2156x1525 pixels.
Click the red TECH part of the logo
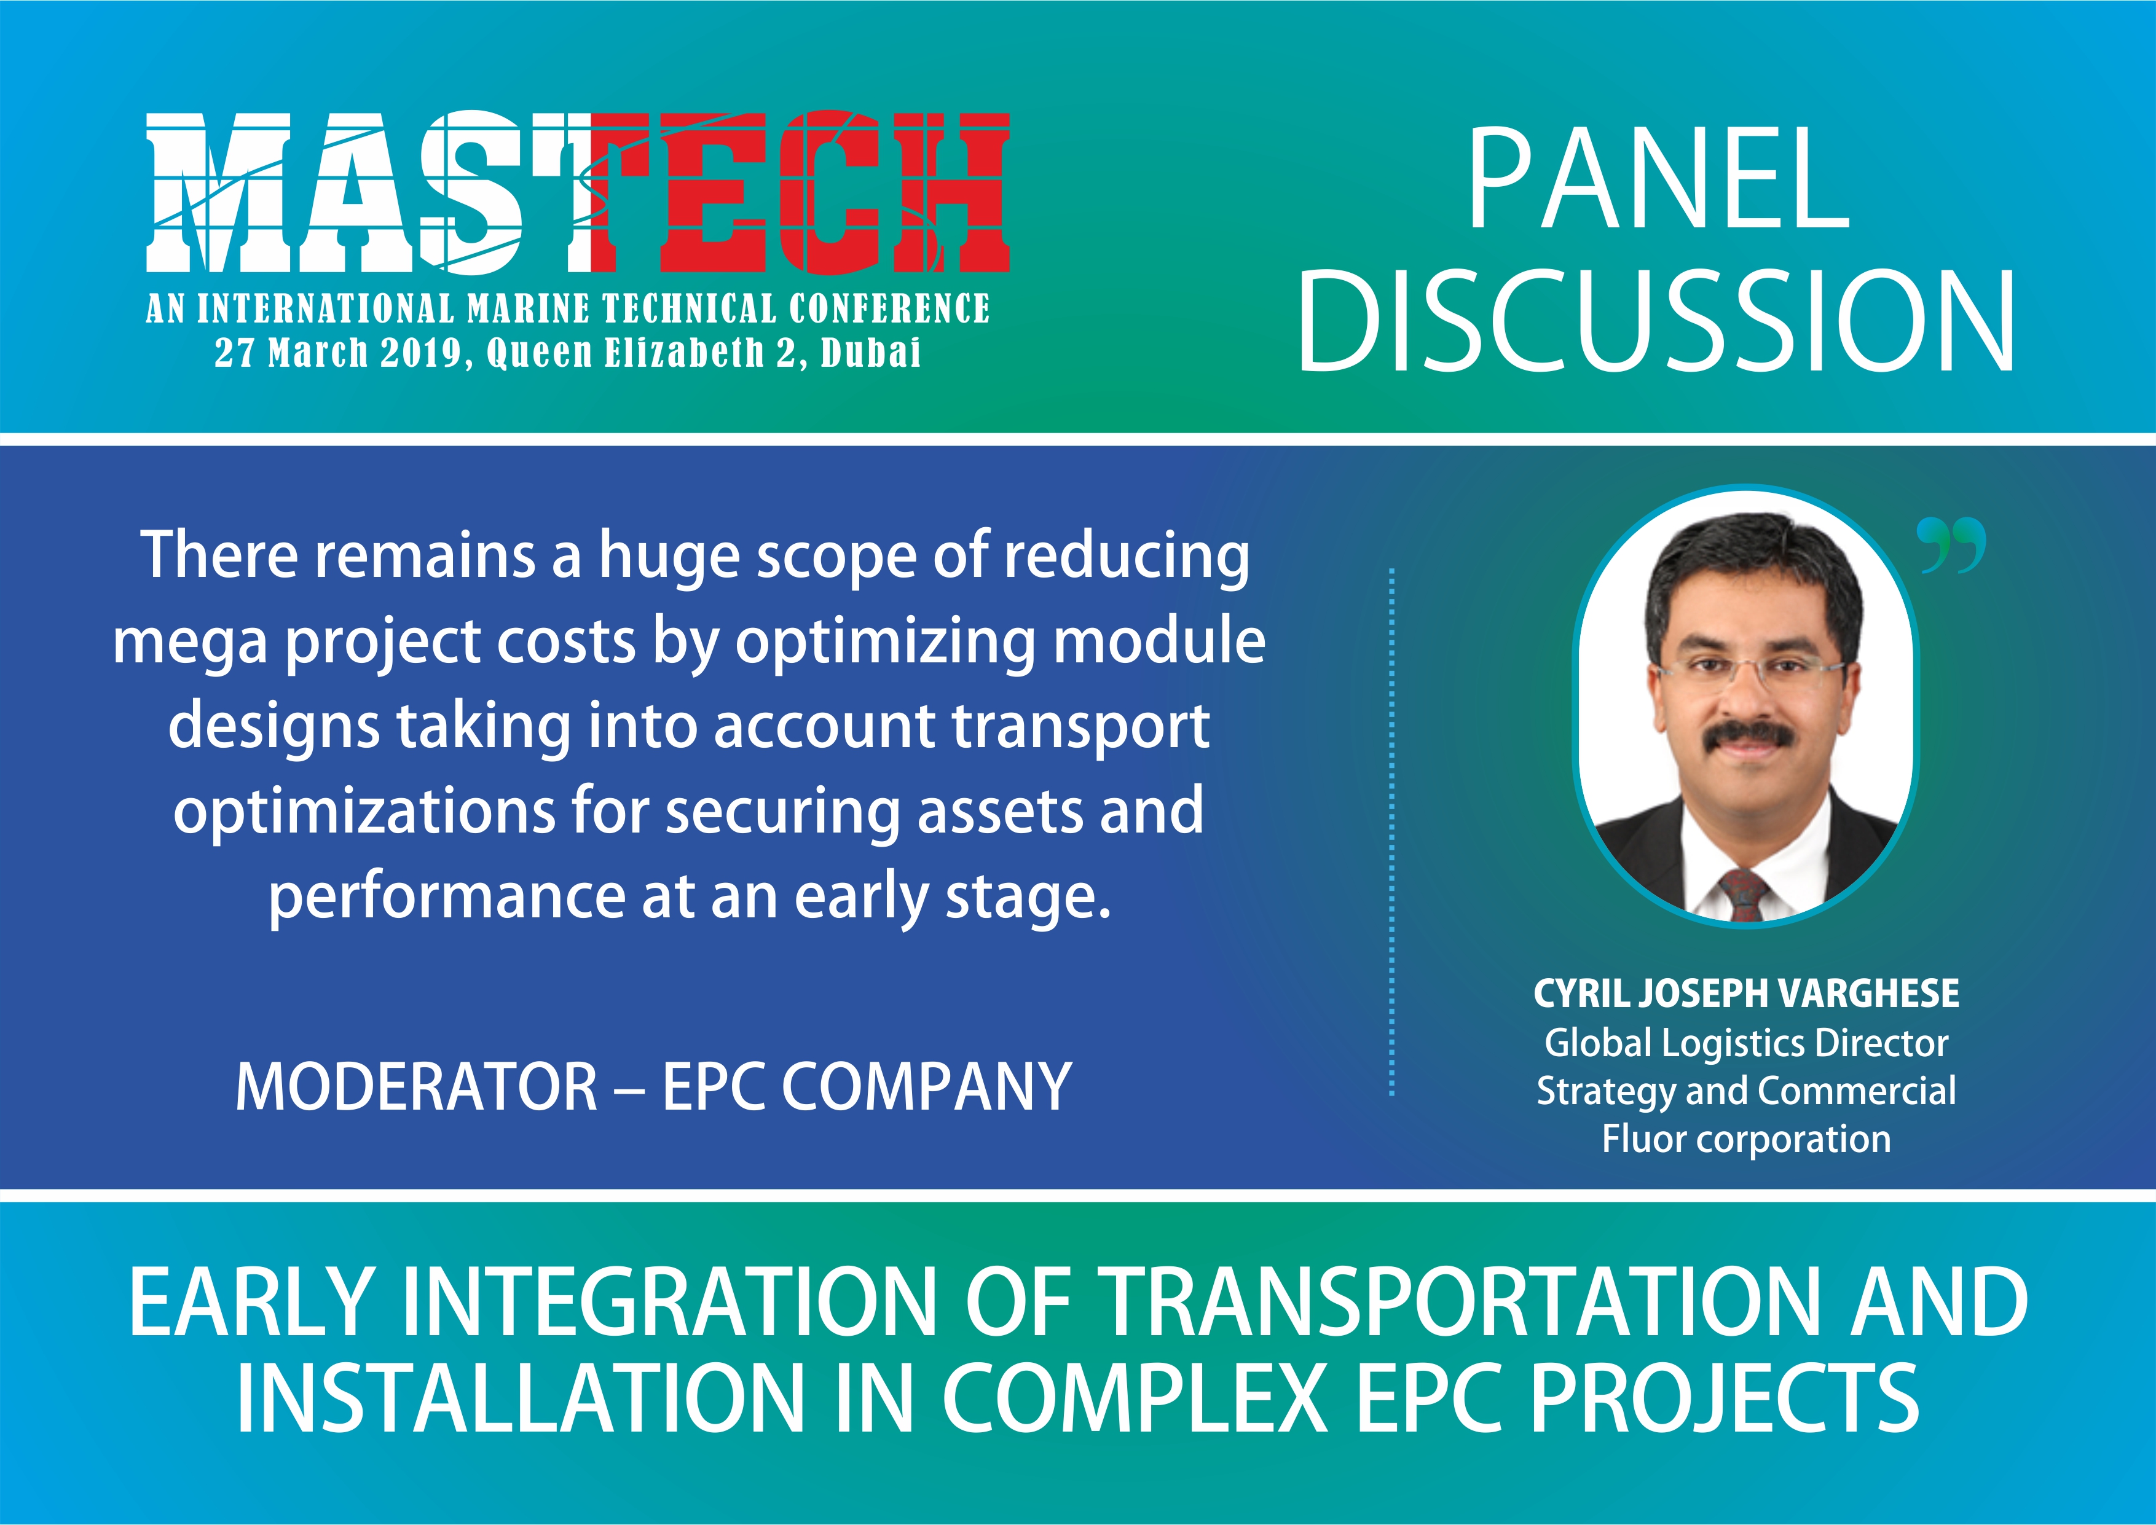tap(798, 192)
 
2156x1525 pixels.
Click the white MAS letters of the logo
tap(357, 192)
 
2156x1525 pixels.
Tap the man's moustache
tap(1745, 737)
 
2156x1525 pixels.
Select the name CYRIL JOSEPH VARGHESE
tap(1747, 994)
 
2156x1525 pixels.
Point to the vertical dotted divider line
tap(1391, 832)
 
